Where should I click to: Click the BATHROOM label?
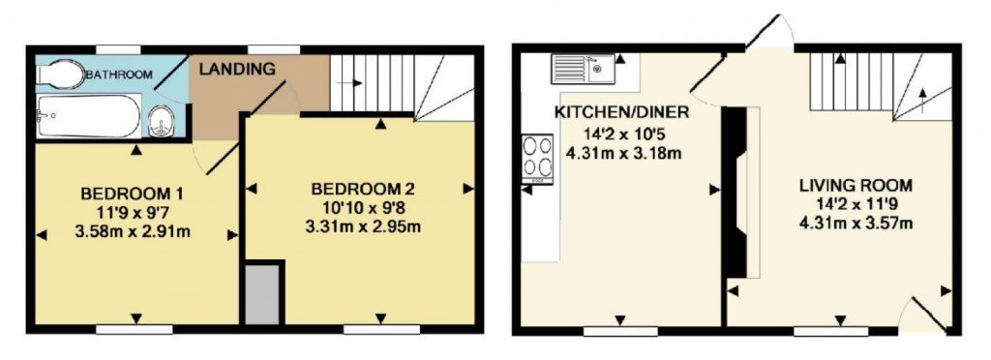click(x=118, y=75)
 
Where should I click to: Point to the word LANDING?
click(x=238, y=70)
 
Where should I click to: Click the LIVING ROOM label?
click(x=856, y=185)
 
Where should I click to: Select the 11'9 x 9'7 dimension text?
click(x=133, y=212)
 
